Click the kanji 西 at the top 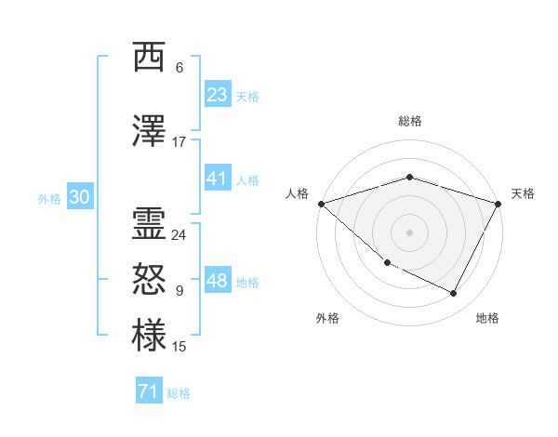(x=149, y=58)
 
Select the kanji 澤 (x=149, y=132)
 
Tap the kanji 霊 (x=149, y=224)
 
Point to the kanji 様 (x=149, y=336)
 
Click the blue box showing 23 (x=217, y=95)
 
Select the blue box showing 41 (x=217, y=179)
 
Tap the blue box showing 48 (x=217, y=281)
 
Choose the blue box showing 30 (x=79, y=197)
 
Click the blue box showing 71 (x=149, y=391)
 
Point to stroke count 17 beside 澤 (x=179, y=142)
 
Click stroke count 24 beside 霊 (x=179, y=235)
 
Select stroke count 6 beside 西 (x=179, y=68)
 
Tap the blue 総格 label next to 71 (x=179, y=393)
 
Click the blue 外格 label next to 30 (x=49, y=199)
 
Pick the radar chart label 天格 (x=523, y=193)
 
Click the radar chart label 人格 (x=297, y=193)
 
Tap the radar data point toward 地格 (x=454, y=294)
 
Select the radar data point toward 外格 (x=387, y=263)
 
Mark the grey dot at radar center (x=409, y=232)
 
